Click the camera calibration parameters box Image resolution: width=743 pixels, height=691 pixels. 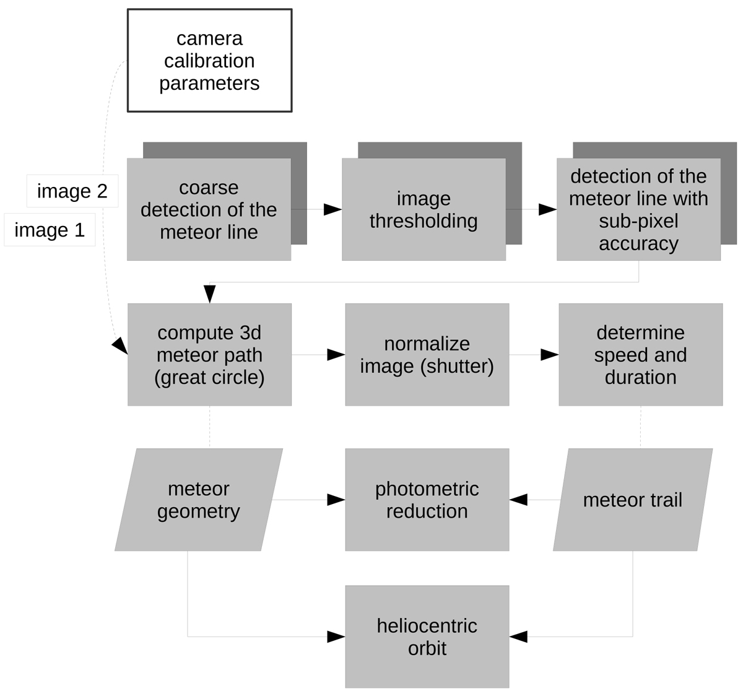click(x=209, y=61)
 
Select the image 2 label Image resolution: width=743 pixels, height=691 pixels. click(x=72, y=191)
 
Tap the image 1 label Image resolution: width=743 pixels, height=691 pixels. click(x=50, y=230)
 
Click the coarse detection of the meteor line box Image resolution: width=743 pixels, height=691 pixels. click(x=209, y=209)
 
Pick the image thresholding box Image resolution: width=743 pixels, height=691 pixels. click(x=424, y=209)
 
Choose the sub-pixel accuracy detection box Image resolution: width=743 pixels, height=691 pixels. click(x=638, y=209)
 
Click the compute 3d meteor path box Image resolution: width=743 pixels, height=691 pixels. click(x=209, y=355)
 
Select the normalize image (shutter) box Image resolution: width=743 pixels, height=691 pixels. click(x=427, y=355)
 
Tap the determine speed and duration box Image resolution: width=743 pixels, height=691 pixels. click(x=640, y=355)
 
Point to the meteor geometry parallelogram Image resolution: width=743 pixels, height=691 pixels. click(x=198, y=500)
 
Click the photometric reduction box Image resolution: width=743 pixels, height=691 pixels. click(x=427, y=500)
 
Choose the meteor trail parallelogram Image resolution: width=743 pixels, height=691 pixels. click(x=632, y=500)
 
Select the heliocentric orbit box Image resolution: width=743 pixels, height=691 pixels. click(x=427, y=637)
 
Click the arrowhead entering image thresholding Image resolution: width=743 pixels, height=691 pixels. click(x=333, y=209)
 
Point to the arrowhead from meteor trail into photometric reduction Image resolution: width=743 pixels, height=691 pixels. click(x=518, y=500)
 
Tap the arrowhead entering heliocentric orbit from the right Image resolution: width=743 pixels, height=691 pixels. click(x=518, y=637)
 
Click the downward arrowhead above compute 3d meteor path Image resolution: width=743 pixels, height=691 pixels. click(x=210, y=294)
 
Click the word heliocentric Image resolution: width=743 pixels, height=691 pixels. click(x=427, y=625)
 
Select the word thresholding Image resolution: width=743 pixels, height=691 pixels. click(x=424, y=221)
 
